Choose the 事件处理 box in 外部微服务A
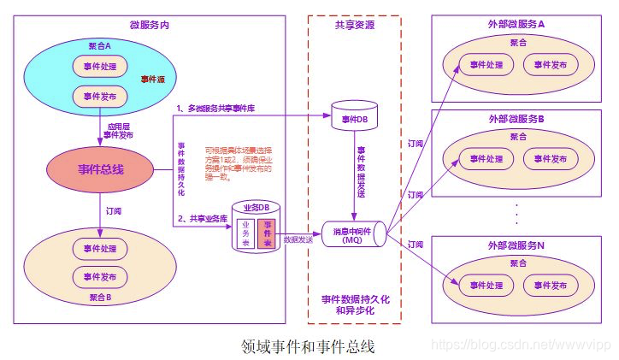(x=481, y=65)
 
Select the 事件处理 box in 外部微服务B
(x=481, y=158)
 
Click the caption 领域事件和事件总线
(x=309, y=346)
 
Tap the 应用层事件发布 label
(x=119, y=130)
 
